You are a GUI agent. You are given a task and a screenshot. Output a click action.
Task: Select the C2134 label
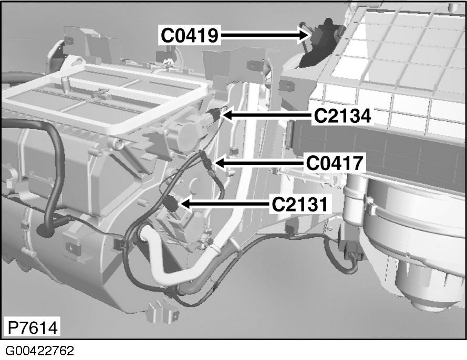point(343,115)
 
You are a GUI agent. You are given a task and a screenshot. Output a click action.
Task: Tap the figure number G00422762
point(40,350)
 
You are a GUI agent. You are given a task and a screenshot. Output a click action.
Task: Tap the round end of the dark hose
point(43,229)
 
